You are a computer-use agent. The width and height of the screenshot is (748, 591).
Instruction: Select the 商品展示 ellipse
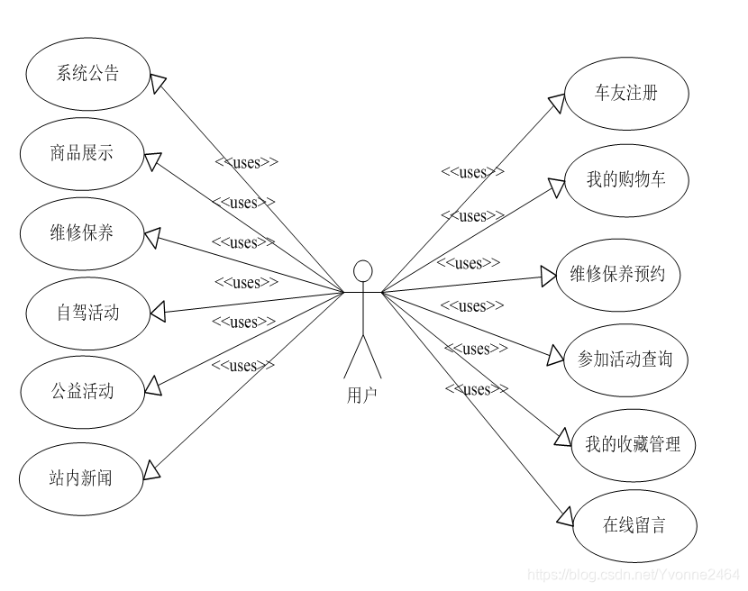[x=82, y=153]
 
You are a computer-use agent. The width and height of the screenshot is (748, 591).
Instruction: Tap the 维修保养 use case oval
[x=82, y=233]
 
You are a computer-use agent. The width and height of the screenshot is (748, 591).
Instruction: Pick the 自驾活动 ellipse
[x=87, y=314]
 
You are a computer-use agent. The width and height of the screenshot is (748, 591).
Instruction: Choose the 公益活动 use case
[x=82, y=392]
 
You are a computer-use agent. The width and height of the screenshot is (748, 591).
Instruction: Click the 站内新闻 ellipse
[x=82, y=477]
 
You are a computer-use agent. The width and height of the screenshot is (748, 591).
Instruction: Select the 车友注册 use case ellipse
[x=626, y=94]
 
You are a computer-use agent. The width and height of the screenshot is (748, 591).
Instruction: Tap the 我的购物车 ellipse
[x=626, y=179]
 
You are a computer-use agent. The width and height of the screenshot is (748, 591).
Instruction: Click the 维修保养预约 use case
[x=617, y=274]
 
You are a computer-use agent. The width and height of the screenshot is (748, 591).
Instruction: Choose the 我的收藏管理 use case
[x=633, y=444]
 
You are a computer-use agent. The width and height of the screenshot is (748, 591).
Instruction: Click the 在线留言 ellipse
[x=634, y=525]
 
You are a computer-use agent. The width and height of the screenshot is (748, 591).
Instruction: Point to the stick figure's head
[x=363, y=271]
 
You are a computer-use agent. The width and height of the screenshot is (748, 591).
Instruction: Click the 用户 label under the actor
[x=362, y=395]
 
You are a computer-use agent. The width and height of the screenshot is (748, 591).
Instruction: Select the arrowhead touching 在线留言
[x=564, y=515]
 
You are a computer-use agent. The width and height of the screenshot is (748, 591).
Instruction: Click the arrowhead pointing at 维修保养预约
[x=548, y=276]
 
